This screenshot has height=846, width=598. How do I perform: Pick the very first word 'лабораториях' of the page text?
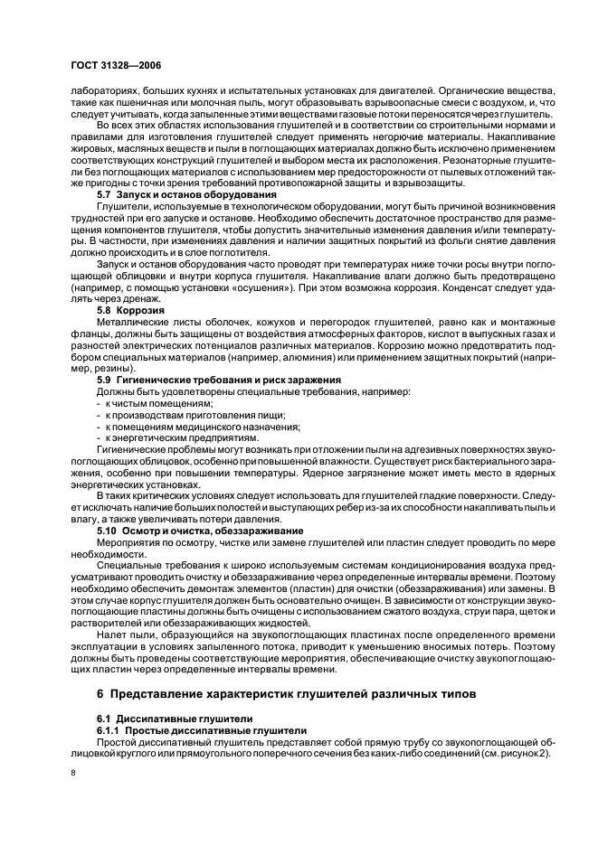tap(100, 90)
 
